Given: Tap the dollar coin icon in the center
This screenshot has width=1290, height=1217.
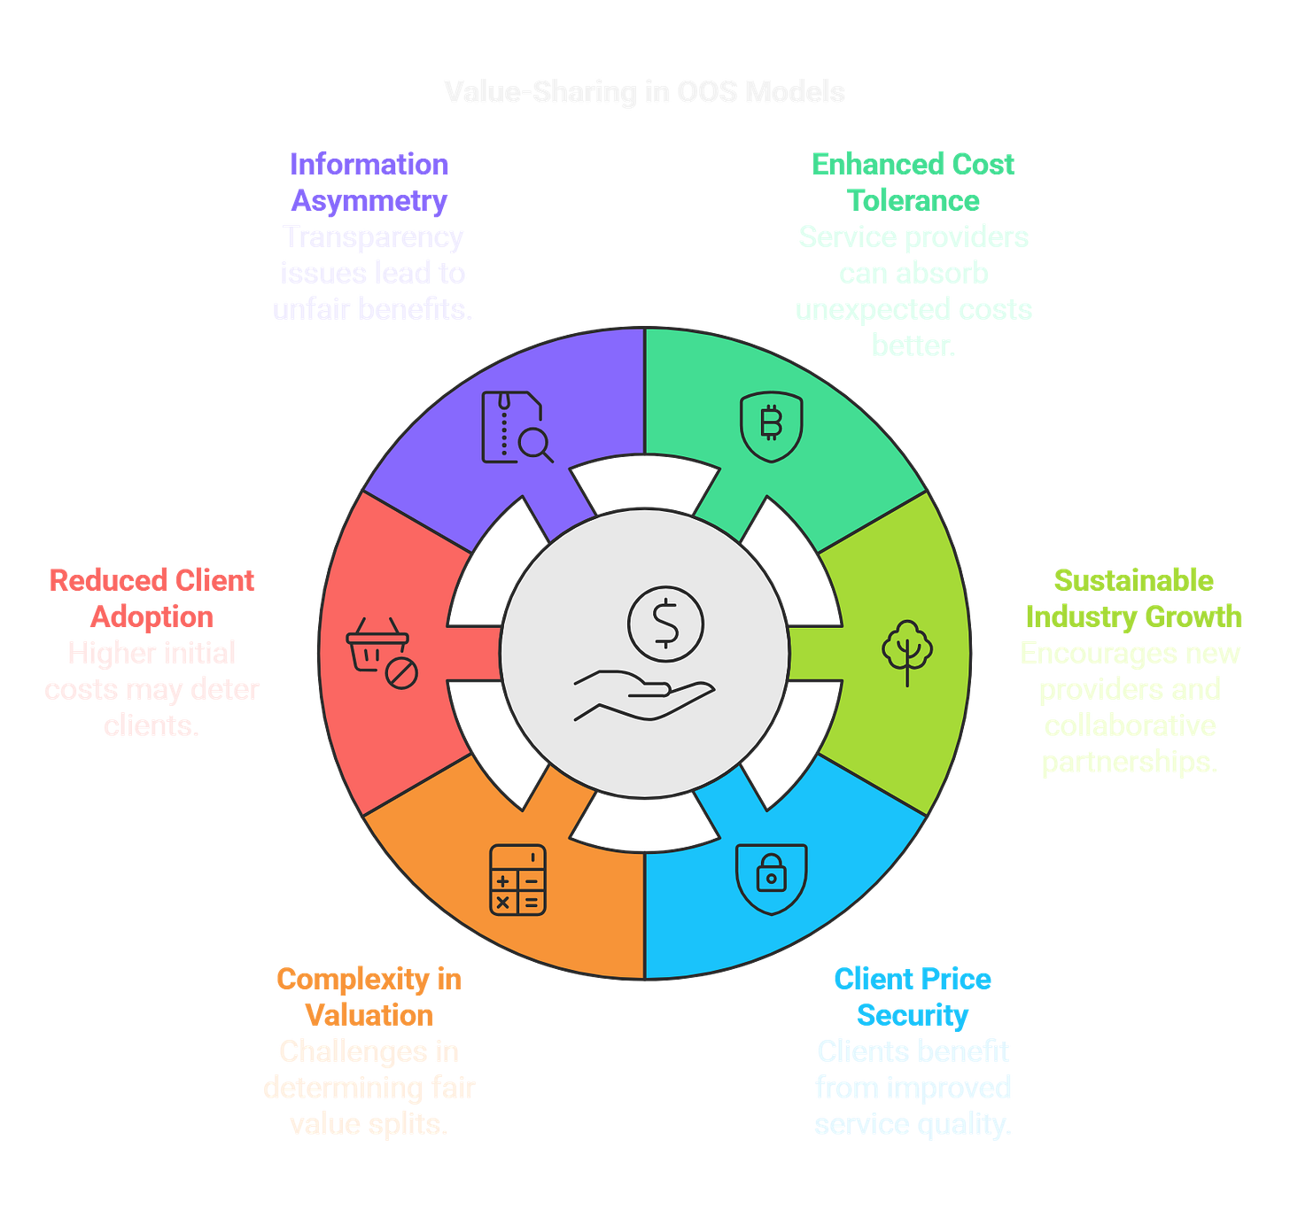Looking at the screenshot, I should pyautogui.click(x=665, y=624).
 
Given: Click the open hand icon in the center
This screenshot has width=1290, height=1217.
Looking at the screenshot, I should pyautogui.click(x=643, y=695).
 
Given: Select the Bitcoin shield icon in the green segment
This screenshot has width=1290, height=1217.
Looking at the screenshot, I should pyautogui.click(x=771, y=426).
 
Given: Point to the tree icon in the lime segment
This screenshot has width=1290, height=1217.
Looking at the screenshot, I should pyautogui.click(x=907, y=652).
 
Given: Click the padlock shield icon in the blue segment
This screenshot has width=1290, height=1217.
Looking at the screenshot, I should pyautogui.click(x=771, y=878).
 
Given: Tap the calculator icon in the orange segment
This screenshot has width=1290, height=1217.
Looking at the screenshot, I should pyautogui.click(x=517, y=880).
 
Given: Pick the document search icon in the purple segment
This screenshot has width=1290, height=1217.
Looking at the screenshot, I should pyautogui.click(x=517, y=427).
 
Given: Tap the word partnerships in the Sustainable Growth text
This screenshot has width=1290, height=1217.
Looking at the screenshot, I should pyautogui.click(x=1130, y=763).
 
